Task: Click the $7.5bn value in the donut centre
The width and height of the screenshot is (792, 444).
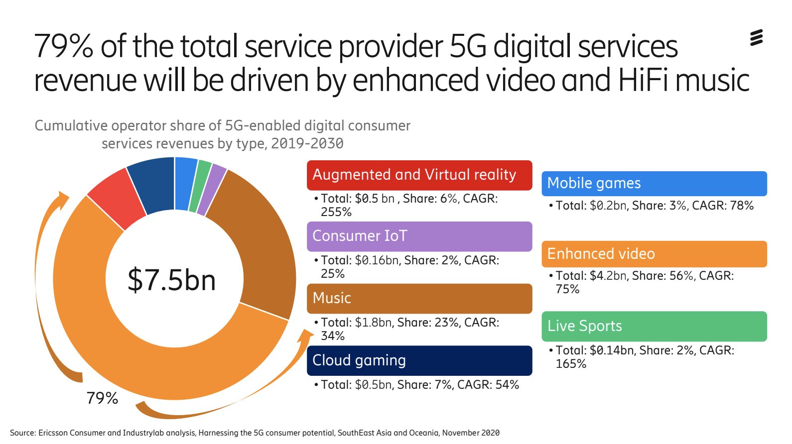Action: (171, 280)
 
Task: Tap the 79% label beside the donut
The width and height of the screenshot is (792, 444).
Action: (102, 398)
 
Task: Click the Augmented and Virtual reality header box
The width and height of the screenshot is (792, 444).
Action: (419, 175)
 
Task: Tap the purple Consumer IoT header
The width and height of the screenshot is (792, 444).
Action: (419, 236)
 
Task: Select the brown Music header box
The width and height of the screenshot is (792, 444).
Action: (419, 298)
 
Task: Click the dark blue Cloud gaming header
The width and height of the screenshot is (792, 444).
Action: (419, 360)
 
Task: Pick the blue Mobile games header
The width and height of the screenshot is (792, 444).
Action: (654, 183)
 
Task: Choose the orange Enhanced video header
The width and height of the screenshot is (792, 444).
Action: (654, 254)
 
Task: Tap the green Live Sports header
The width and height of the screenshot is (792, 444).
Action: (654, 326)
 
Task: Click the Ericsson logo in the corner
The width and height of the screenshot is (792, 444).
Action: (756, 38)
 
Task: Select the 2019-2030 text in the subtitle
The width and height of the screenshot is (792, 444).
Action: (307, 143)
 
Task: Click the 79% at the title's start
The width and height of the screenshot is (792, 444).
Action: (64, 46)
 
